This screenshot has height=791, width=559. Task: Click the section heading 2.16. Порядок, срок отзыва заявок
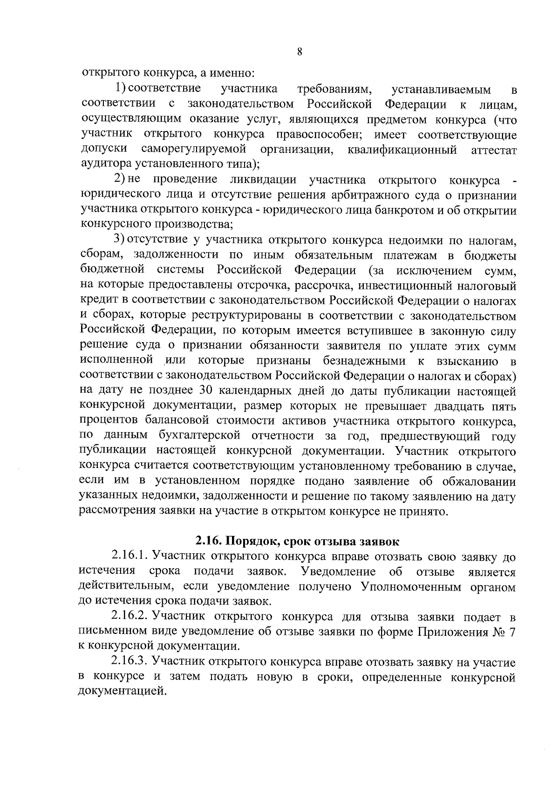click(297, 542)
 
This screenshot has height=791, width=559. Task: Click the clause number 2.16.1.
click(130, 556)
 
